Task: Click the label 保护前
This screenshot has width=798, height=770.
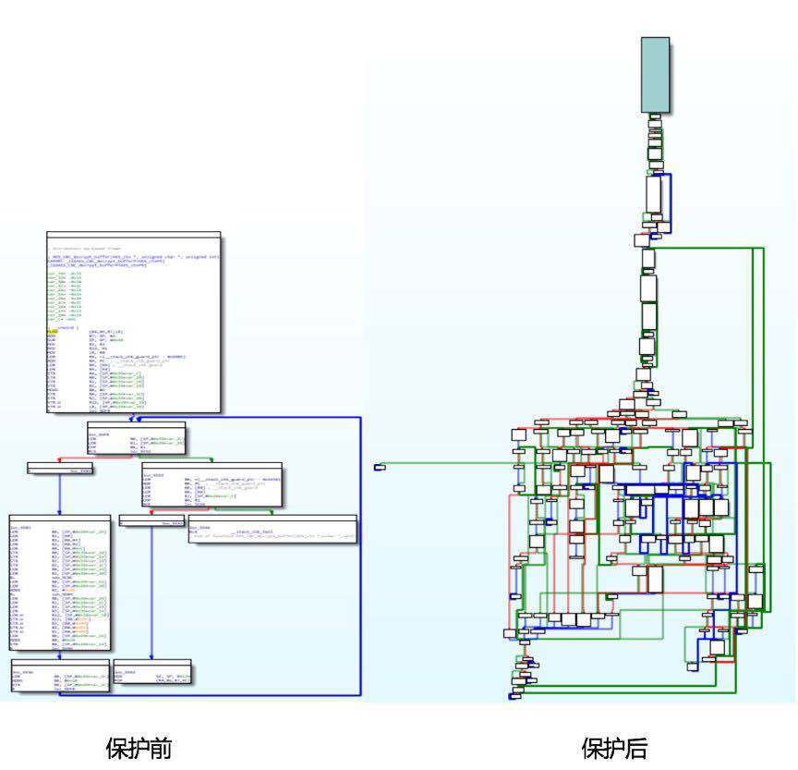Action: coord(139,747)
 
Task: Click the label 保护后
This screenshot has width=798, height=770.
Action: coord(614,747)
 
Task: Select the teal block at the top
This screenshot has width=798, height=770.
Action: coord(655,74)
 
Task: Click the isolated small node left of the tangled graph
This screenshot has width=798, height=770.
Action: coord(379,468)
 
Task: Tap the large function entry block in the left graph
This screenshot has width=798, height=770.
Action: coord(133,324)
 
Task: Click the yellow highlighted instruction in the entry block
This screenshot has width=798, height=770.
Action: coord(52,330)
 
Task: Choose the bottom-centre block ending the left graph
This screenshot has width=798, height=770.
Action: coord(151,671)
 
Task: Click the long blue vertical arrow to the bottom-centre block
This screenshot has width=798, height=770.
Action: coord(151,592)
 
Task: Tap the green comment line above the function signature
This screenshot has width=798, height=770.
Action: coord(88,250)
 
